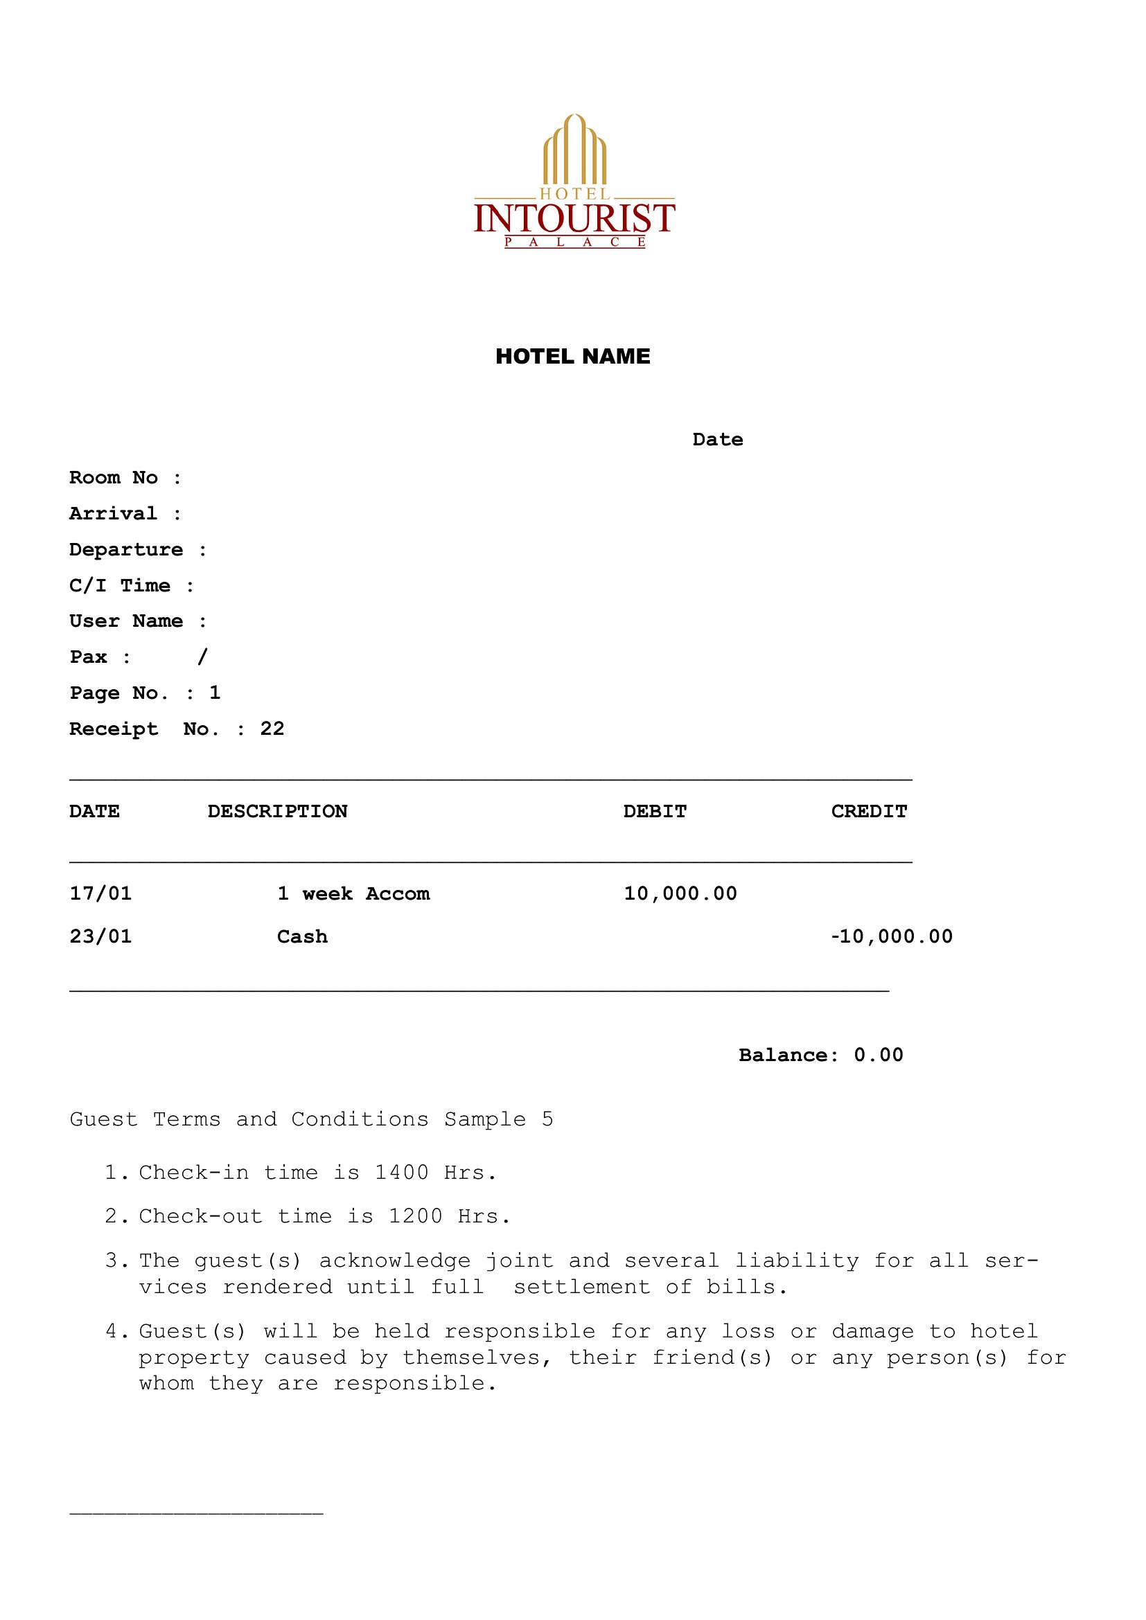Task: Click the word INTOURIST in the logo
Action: coord(574,217)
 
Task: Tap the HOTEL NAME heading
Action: coord(572,356)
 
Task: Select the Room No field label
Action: coord(114,478)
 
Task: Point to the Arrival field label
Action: coord(113,514)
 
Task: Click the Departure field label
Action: coord(126,550)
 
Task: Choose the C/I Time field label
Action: coord(120,586)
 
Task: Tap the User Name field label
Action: coord(126,621)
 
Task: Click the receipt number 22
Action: coord(272,729)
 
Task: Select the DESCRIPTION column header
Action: coord(277,812)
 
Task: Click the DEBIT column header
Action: coord(655,812)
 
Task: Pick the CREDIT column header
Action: coord(869,812)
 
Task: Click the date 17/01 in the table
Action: coord(100,894)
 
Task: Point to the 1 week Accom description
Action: coord(353,894)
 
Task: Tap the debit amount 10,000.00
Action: coord(680,894)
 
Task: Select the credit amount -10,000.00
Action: coord(891,937)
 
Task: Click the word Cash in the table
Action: coord(302,937)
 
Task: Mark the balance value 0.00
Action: coord(879,1056)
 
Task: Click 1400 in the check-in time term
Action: coord(402,1173)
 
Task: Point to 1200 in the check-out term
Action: coord(416,1216)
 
